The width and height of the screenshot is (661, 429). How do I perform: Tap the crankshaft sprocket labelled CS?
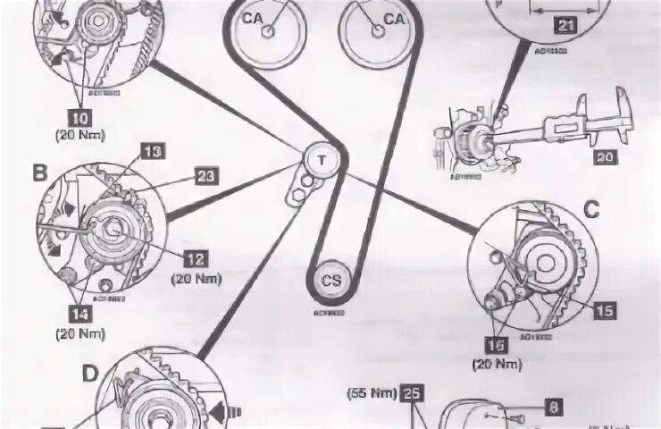(x=331, y=281)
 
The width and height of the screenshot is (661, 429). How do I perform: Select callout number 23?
(x=206, y=178)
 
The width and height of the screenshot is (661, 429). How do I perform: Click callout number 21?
(x=564, y=27)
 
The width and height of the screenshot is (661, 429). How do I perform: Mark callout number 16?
(x=495, y=344)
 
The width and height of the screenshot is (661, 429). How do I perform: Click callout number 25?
(x=411, y=392)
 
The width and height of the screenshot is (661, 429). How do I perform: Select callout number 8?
(x=553, y=407)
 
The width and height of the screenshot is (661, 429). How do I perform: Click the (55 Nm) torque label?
(x=370, y=392)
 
